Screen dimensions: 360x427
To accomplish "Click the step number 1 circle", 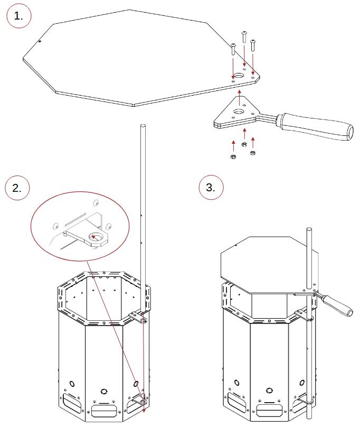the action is tap(19, 16).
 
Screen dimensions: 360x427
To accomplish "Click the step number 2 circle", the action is tap(17, 188).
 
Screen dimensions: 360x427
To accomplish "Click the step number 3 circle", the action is tap(211, 188).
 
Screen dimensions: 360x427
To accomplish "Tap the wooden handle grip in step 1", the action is tap(316, 126).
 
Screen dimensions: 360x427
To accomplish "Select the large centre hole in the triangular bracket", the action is tap(239, 112).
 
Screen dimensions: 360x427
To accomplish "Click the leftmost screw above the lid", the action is tap(233, 49).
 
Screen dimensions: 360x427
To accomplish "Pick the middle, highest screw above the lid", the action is tap(244, 37).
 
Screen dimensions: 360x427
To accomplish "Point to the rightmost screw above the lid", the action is tap(253, 45).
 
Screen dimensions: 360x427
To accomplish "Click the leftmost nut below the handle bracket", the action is tap(233, 156).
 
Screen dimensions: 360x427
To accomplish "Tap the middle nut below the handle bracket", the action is tap(244, 144).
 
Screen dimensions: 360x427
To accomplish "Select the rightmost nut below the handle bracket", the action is tap(252, 153).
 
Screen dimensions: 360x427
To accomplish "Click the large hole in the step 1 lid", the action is tap(239, 75).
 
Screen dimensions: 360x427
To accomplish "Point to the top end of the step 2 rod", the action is tap(143, 126).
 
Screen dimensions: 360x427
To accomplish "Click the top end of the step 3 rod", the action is tap(309, 229).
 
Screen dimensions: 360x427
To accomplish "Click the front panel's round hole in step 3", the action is tap(269, 390).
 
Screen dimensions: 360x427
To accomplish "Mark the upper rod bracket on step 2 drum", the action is tap(138, 317).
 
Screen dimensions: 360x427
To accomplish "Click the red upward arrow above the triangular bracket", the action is tap(239, 97).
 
